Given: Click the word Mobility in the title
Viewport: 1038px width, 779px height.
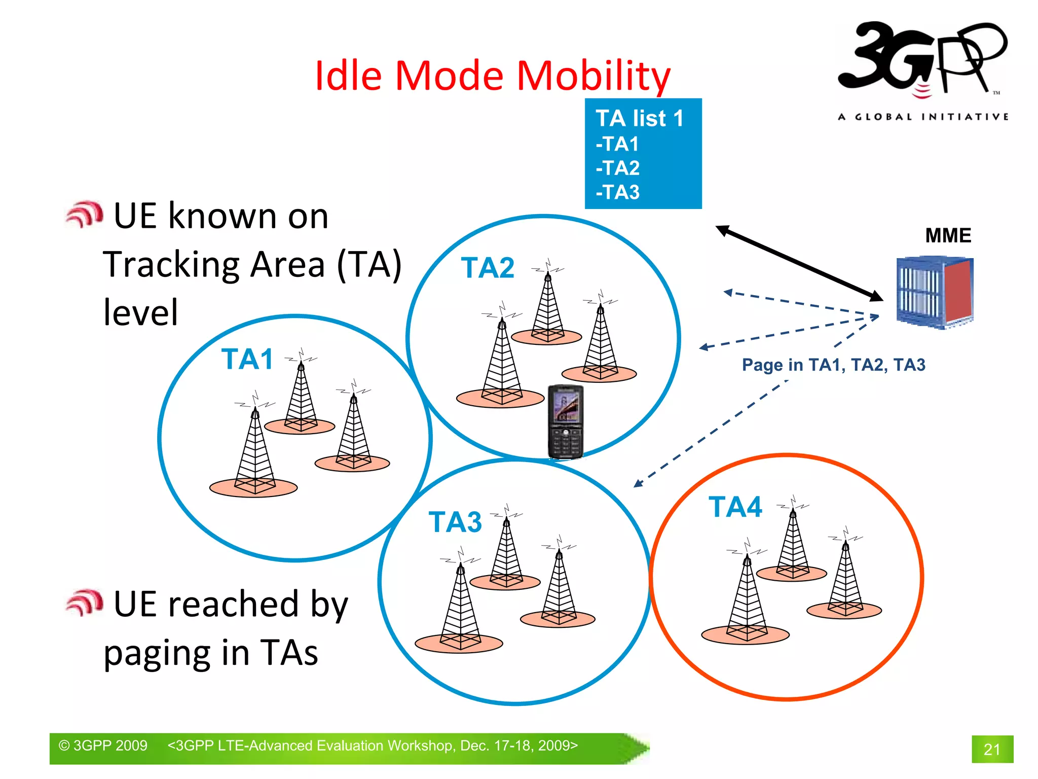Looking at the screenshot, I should [x=594, y=76].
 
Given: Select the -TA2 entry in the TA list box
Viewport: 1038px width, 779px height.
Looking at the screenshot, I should [x=618, y=168].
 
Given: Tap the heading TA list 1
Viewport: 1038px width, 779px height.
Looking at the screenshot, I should [x=640, y=119].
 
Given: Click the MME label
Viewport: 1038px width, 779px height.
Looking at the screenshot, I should [x=948, y=235].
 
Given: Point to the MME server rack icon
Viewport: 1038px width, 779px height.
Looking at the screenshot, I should [x=935, y=293].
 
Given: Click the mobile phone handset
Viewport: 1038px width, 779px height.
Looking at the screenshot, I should [x=566, y=421].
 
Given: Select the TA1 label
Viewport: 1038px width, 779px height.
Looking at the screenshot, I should [x=247, y=359].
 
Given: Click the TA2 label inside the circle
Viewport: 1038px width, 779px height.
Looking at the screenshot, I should [x=488, y=268].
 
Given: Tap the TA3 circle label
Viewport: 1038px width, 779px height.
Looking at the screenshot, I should [x=455, y=522].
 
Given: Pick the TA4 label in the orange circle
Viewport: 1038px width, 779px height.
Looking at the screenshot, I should [x=735, y=507].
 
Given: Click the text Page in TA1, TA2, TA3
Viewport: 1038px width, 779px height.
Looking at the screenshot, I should [x=833, y=365].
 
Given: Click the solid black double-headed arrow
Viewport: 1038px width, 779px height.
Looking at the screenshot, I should [x=799, y=263].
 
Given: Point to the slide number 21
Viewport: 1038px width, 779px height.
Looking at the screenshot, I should [x=992, y=749].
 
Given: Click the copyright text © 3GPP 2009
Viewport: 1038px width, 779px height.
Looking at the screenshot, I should [x=103, y=746].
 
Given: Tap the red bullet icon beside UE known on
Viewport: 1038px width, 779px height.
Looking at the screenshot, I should [x=85, y=215].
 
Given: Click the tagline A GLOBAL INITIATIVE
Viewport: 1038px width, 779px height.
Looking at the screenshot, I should [x=922, y=117].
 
